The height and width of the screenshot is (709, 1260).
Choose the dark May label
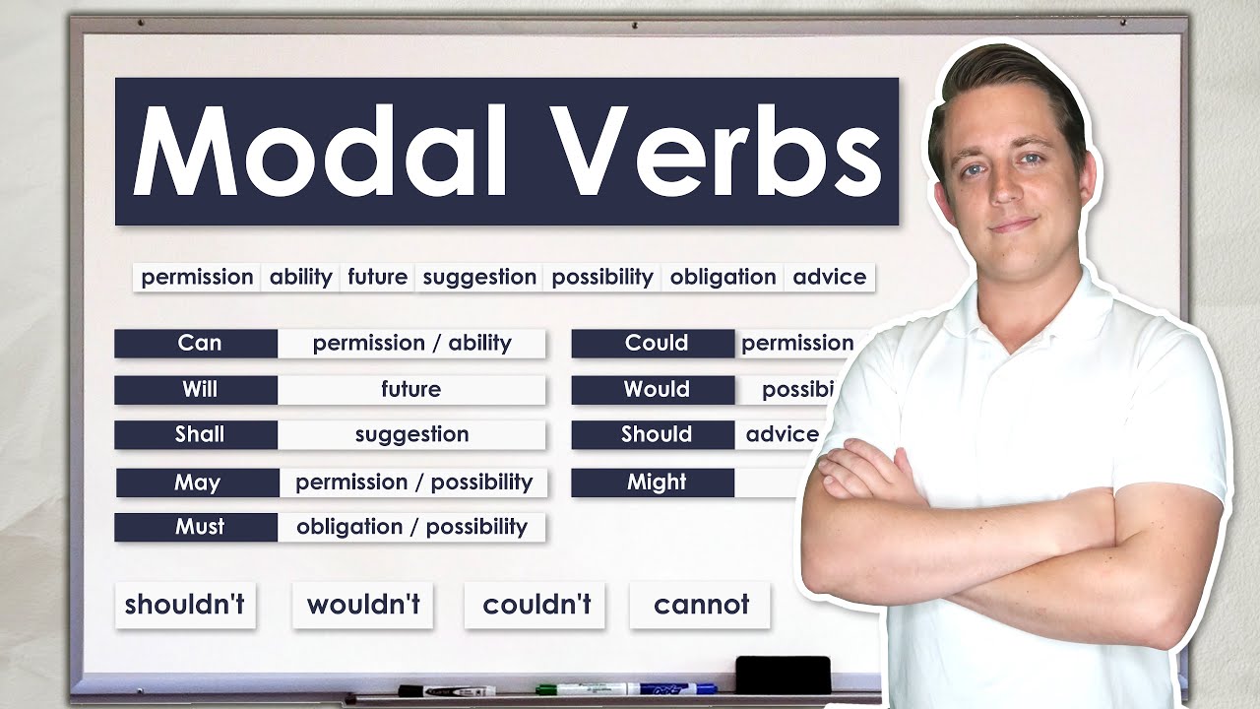198,483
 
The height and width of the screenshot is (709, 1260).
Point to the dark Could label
655,344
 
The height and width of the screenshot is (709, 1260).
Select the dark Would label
655,389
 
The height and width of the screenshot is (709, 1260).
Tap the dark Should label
655,434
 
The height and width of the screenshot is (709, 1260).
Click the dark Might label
655,483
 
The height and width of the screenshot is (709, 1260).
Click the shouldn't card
185,605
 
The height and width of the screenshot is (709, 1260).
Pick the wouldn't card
363,605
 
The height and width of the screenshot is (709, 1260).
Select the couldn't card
535,605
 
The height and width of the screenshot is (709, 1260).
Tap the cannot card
701,605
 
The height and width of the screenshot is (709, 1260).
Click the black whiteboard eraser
783,674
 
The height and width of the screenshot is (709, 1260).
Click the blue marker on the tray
669,688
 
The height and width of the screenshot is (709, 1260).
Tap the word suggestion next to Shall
411,434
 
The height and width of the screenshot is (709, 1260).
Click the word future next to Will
411,389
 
